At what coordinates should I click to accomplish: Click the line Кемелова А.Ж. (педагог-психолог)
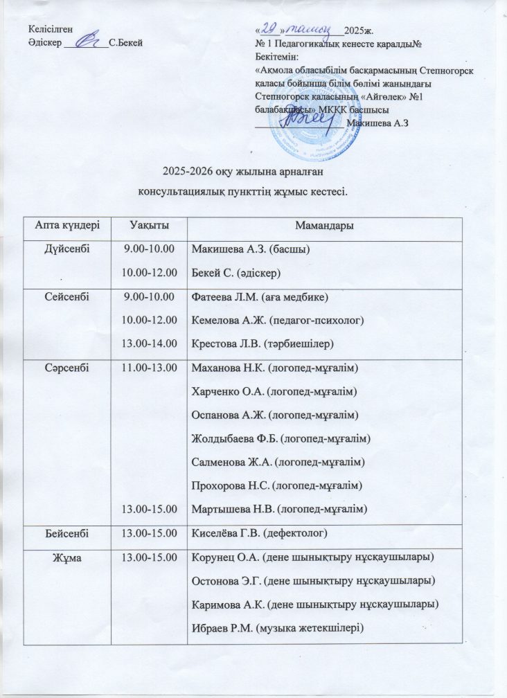click(276, 320)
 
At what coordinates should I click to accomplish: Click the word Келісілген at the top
click(51, 29)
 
